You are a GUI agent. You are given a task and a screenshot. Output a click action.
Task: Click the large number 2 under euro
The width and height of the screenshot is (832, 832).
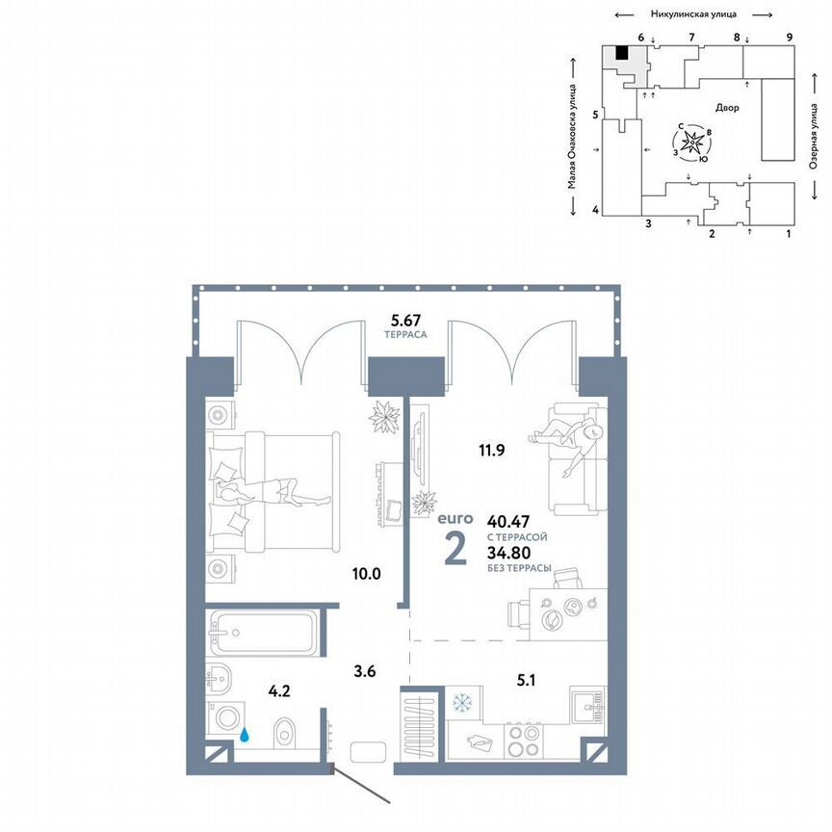(x=455, y=547)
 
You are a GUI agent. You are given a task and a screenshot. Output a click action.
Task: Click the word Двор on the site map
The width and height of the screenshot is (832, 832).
(x=727, y=108)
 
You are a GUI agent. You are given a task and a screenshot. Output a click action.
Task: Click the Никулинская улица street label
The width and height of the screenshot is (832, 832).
(x=695, y=14)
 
